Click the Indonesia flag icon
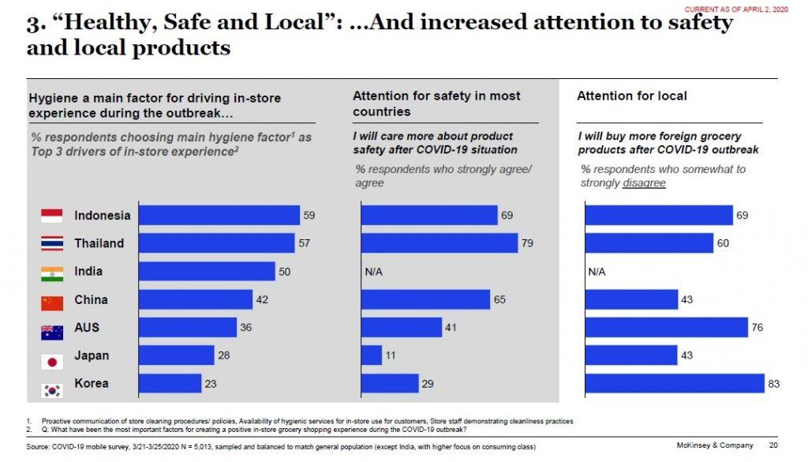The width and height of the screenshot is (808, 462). coord(51,216)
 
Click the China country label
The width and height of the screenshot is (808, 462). coord(91,300)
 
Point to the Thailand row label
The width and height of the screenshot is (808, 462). coord(99,243)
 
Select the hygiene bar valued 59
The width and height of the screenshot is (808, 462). coord(219,215)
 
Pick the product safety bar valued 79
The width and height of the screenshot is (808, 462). coord(439,243)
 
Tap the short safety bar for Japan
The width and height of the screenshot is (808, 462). coord(372,355)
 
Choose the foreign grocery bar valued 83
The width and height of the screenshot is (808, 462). coord(675,384)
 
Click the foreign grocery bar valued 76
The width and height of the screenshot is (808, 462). coord(666,327)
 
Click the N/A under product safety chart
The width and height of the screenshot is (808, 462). coord(373,272)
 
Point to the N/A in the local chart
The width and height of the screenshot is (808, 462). coord(597,272)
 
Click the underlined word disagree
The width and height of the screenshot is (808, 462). coord(645,183)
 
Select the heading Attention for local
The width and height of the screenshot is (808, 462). coord(631,96)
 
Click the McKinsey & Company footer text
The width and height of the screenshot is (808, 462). coord(715,446)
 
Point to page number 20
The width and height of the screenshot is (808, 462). coord(772,446)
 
